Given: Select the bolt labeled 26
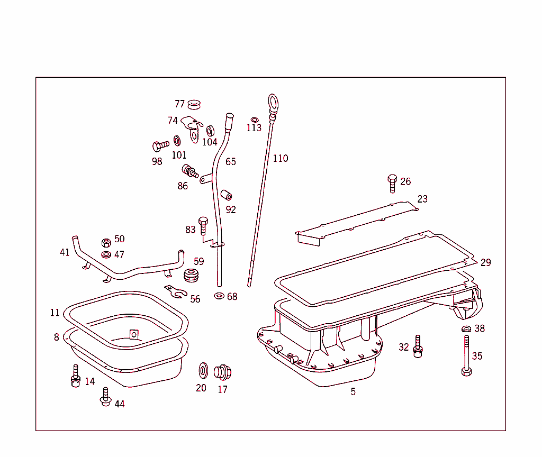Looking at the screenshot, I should click(x=392, y=183).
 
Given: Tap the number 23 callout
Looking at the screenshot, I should click(x=422, y=199).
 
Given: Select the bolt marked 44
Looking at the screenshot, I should click(x=105, y=397).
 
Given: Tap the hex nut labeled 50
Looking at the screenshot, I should click(x=106, y=243).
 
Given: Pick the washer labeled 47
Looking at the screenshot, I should click(x=106, y=255).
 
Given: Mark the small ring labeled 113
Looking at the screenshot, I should click(x=255, y=120).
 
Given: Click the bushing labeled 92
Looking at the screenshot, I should click(x=227, y=195).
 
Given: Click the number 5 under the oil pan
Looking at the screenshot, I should click(x=353, y=392).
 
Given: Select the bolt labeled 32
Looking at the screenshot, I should click(x=418, y=347).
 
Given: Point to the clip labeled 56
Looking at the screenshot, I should click(x=176, y=291).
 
